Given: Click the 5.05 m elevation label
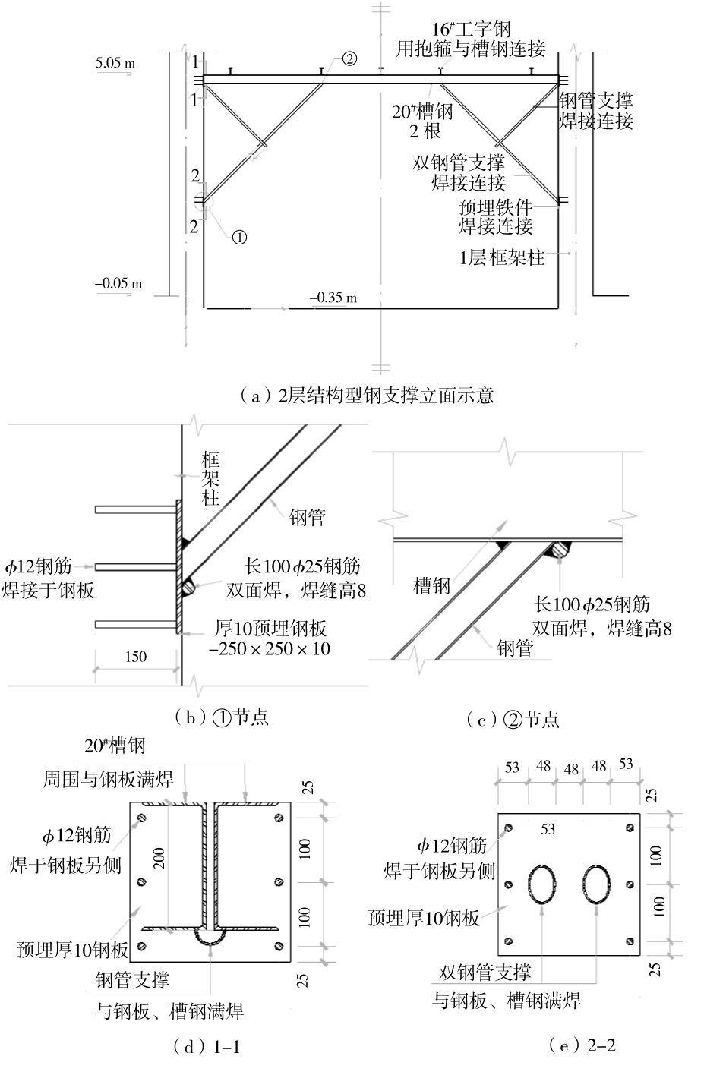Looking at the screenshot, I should [115, 63].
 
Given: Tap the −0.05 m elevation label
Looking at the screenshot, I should [118, 284].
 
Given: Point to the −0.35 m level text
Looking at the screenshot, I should [333, 298].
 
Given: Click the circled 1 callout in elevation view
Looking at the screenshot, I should [239, 237].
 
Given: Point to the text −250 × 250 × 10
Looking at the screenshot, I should [270, 648].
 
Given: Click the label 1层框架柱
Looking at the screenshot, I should [502, 257].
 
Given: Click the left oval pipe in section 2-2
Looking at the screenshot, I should [542, 884].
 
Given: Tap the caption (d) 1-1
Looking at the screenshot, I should [207, 1048].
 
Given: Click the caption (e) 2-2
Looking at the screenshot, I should [581, 1045].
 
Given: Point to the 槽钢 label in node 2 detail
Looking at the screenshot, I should [432, 585].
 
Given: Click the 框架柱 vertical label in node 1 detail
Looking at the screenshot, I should [210, 478].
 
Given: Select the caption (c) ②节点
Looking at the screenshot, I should [513, 719].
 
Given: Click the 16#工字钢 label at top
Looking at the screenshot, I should [471, 30].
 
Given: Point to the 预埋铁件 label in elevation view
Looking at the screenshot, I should [495, 206].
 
